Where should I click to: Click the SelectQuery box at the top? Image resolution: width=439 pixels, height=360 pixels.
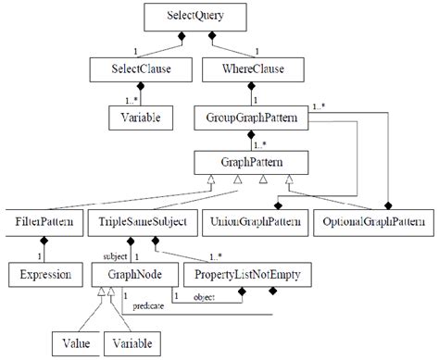[x=219, y=16]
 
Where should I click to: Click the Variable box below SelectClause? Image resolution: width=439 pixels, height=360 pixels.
[x=134, y=118]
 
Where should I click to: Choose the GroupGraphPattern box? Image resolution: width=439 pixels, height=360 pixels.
[x=249, y=118]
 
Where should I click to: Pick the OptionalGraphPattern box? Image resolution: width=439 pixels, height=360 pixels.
[x=373, y=223]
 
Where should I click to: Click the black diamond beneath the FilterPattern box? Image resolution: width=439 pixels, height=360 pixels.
[x=43, y=242]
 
